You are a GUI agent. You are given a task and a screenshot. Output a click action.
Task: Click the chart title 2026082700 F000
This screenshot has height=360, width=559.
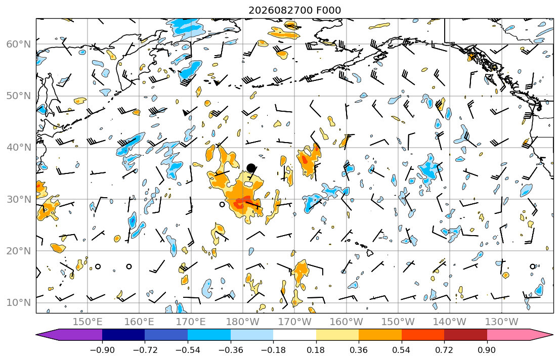294,10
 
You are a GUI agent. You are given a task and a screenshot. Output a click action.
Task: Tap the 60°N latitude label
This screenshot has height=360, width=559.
19,44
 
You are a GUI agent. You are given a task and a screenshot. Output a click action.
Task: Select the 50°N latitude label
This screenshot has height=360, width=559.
19,96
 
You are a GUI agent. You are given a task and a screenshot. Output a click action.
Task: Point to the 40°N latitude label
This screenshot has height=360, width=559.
19,148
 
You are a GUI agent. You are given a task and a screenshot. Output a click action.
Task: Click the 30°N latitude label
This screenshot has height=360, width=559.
19,199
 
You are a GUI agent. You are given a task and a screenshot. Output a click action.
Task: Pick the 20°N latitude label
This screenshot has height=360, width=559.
19,251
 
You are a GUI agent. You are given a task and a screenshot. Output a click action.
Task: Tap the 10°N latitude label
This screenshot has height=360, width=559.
19,303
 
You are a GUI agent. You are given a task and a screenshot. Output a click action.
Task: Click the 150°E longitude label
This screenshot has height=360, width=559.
88,322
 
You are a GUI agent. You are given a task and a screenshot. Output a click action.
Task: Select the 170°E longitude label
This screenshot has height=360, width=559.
191,322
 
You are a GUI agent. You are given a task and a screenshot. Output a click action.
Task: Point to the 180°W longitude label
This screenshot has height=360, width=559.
243,322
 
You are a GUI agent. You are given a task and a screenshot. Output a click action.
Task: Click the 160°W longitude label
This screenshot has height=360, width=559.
347,322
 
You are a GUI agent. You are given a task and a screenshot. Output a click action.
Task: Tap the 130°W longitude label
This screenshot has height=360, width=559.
502,322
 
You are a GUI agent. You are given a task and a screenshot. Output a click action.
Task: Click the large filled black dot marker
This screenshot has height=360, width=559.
251,168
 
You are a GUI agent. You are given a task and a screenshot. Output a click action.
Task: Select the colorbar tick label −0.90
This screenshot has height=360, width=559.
102,350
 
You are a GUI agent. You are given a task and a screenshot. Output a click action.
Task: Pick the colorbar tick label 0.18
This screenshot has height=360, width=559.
316,350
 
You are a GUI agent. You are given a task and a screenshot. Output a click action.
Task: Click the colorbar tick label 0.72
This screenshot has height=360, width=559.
444,350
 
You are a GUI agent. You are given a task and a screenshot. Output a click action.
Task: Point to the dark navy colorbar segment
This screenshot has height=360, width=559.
123,335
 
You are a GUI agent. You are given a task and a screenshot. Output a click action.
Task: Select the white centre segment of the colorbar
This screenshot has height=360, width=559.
294,335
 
